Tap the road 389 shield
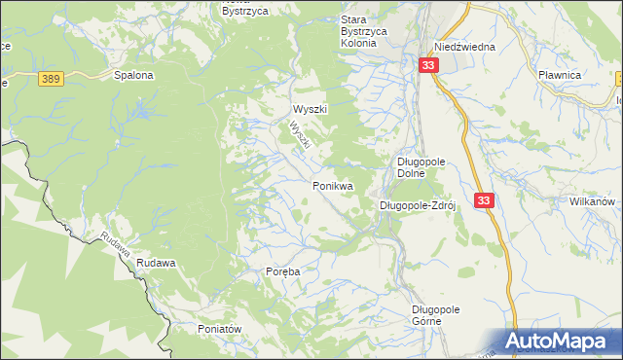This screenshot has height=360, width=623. click(x=52, y=77)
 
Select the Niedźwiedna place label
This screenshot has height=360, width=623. click(x=465, y=47)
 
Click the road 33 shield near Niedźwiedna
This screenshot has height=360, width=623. click(x=429, y=64)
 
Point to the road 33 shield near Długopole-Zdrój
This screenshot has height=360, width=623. click(x=486, y=199)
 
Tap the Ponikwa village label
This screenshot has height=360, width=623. click(x=332, y=185)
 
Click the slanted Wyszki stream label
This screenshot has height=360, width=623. click(x=300, y=135)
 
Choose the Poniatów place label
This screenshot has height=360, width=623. click(x=219, y=329)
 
